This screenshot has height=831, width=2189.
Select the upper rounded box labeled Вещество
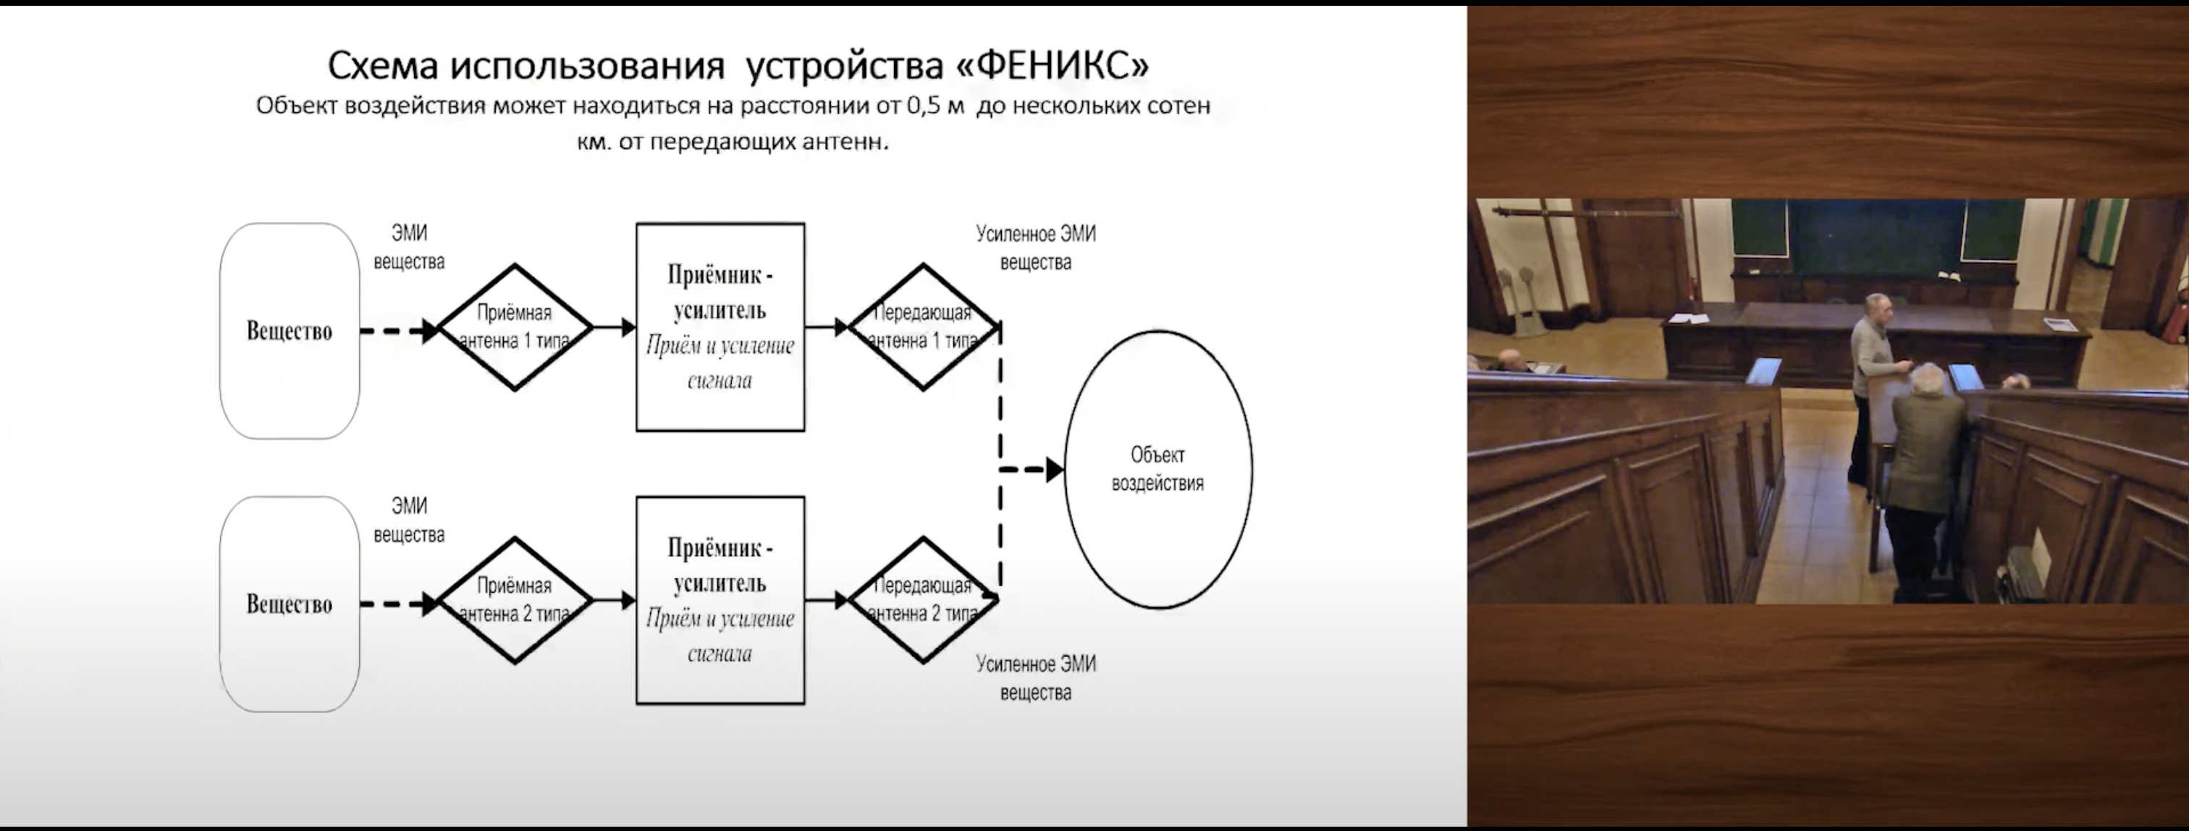(x=289, y=331)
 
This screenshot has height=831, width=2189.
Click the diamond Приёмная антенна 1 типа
(x=514, y=327)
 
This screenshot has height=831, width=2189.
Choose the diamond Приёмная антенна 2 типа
(x=514, y=600)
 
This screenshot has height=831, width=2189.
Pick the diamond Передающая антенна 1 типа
(x=923, y=327)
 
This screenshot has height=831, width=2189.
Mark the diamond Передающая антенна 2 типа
(x=923, y=600)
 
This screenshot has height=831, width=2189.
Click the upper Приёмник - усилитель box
(x=720, y=327)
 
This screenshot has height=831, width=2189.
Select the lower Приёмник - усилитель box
(x=720, y=600)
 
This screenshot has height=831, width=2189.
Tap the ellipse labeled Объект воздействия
(x=1157, y=469)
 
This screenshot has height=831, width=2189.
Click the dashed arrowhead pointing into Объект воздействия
(x=1054, y=469)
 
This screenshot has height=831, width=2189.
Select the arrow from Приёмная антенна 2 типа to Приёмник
(x=615, y=600)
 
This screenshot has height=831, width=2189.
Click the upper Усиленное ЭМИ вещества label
(x=1035, y=248)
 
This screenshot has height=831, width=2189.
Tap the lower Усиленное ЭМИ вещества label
(x=1035, y=678)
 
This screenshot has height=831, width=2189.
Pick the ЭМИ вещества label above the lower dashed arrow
(x=409, y=520)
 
